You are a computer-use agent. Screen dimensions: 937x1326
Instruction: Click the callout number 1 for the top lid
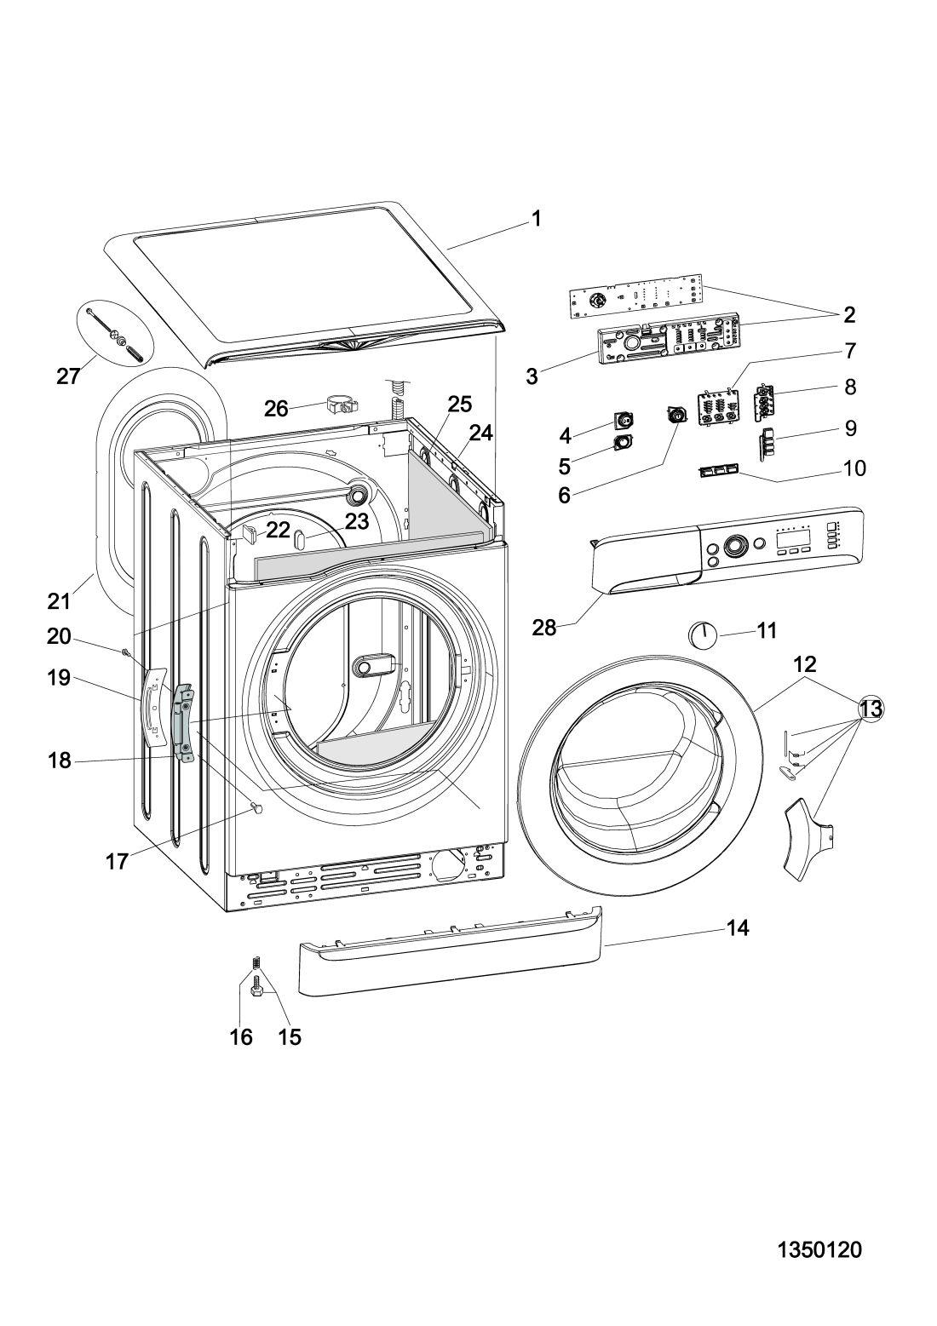click(536, 219)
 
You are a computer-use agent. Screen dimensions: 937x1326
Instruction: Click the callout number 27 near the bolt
click(68, 376)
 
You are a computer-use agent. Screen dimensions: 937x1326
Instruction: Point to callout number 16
click(241, 1036)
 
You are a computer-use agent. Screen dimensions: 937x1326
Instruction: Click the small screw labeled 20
click(126, 652)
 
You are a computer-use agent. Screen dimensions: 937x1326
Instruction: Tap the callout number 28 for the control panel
click(544, 628)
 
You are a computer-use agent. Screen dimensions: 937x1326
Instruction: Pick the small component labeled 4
click(623, 420)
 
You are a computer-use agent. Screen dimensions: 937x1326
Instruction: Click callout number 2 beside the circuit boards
click(849, 315)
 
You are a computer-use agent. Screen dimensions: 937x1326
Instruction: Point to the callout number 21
click(59, 601)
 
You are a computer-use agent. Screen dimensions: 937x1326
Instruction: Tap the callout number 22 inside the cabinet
click(278, 530)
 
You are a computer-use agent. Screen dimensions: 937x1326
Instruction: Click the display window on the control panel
click(792, 538)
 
